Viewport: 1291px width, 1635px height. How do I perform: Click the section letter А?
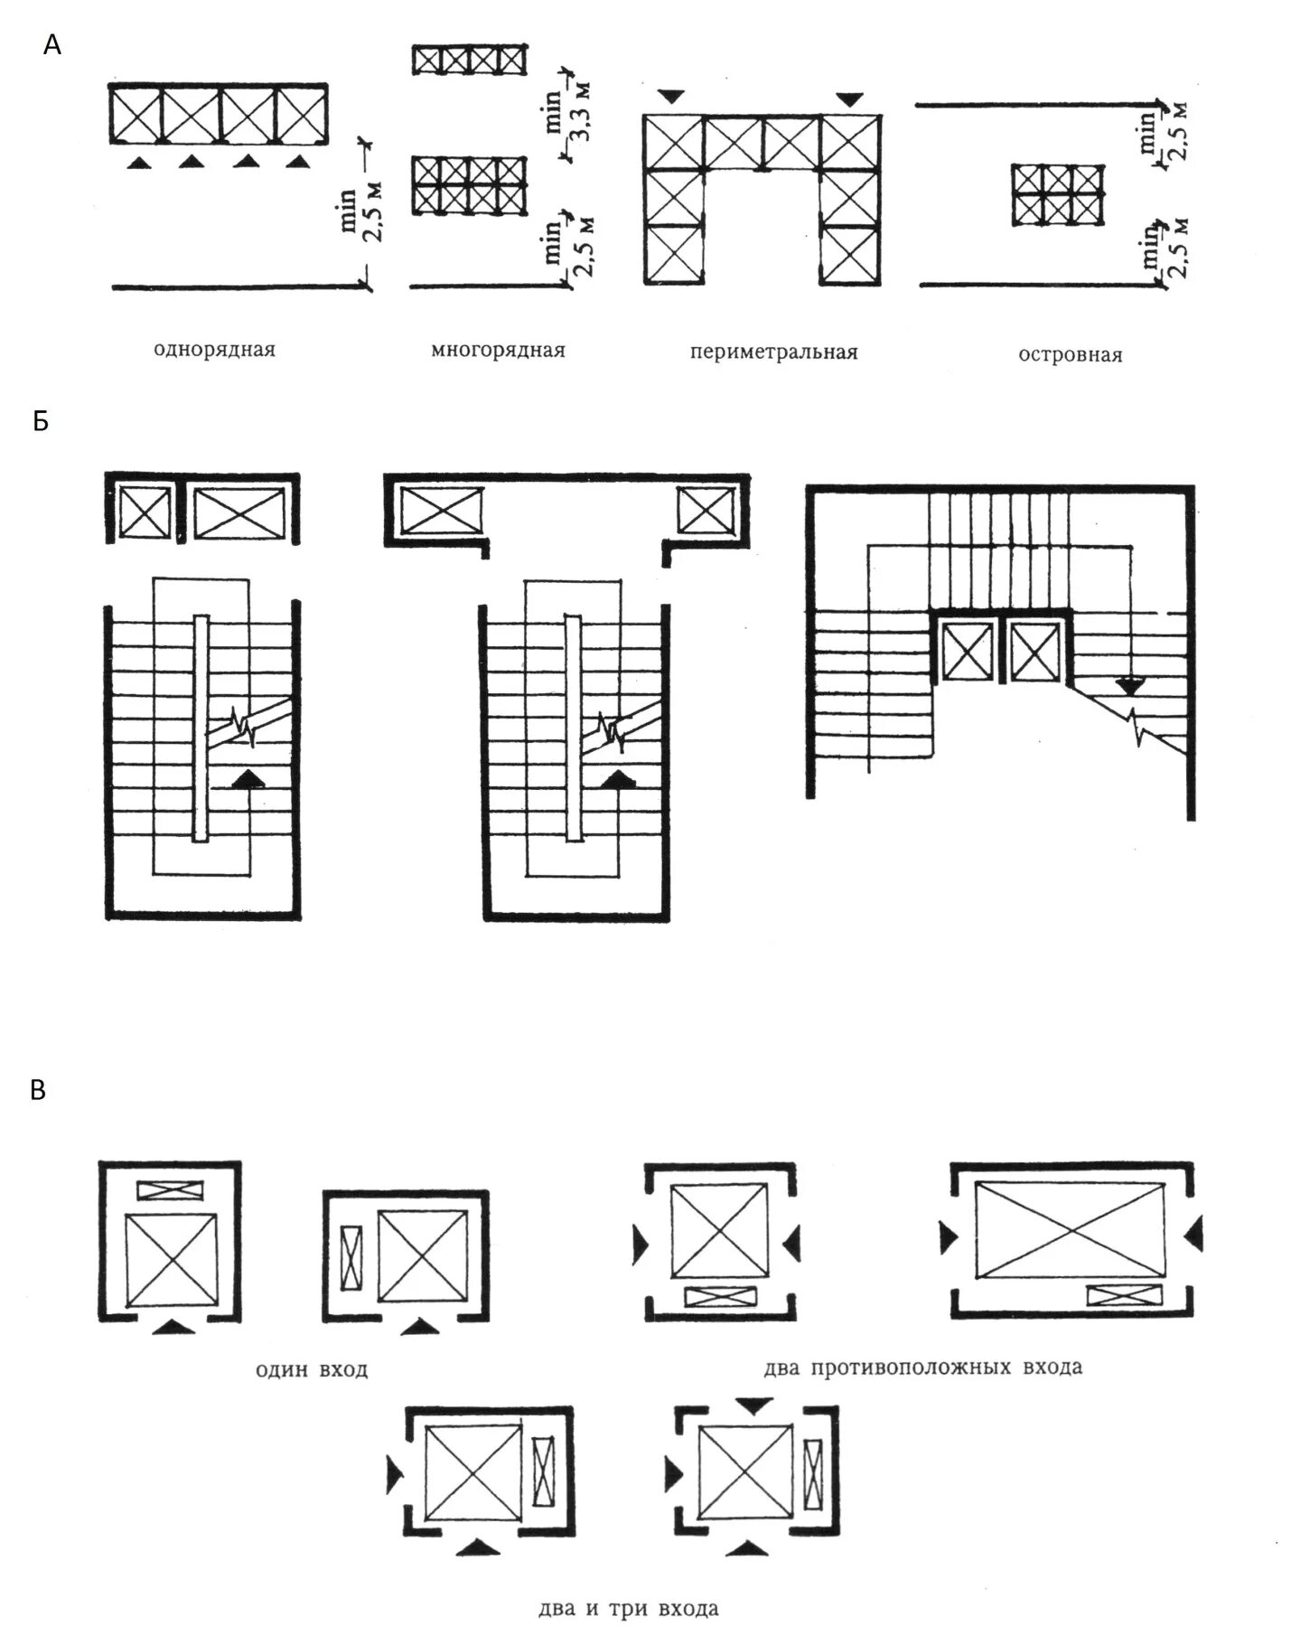point(52,44)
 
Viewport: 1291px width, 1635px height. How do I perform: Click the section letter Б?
point(40,421)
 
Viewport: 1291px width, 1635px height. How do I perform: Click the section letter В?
point(38,1090)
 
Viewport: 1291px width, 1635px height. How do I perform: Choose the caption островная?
point(1070,355)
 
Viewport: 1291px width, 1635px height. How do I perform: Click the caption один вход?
point(311,1369)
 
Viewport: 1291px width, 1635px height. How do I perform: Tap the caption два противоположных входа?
point(922,1367)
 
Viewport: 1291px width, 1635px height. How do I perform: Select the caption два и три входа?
point(628,1609)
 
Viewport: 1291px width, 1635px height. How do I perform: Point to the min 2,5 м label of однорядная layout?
point(361,213)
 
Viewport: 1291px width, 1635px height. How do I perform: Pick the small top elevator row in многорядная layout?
point(470,59)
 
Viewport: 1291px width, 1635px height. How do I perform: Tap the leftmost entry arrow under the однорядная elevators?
point(137,162)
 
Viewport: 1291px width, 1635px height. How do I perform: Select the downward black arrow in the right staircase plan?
point(1127,686)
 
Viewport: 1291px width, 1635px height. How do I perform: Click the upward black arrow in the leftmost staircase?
point(248,779)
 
